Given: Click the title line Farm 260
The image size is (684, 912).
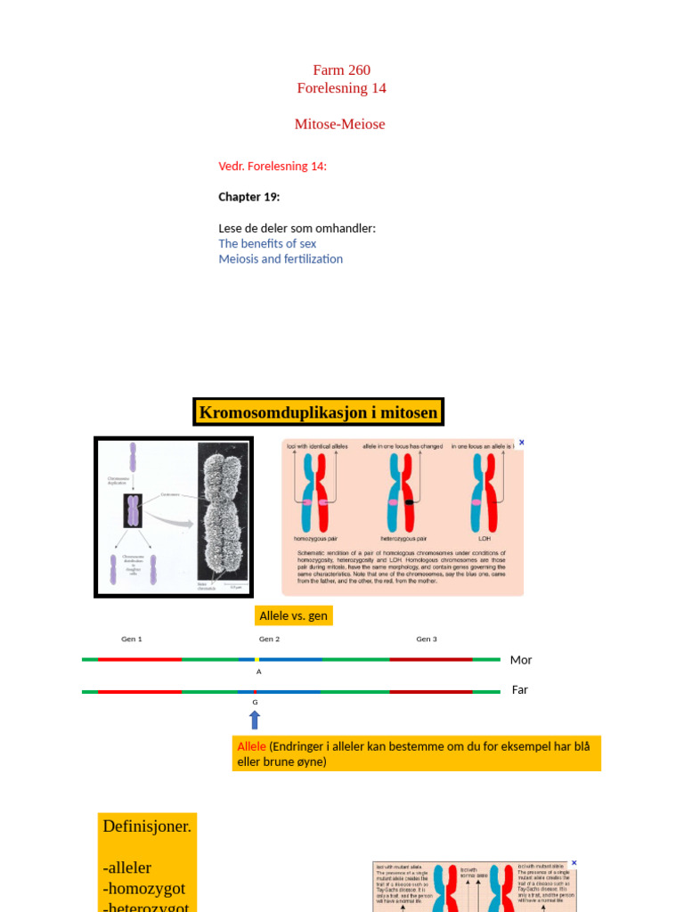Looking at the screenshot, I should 341,70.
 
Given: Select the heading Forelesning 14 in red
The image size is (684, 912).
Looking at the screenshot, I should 341,88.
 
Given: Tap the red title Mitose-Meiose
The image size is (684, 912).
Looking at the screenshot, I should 339,124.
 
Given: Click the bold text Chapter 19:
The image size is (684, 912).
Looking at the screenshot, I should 249,197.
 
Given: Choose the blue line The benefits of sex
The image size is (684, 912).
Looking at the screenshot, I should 267,243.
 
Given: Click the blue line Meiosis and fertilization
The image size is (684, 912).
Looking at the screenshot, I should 281,259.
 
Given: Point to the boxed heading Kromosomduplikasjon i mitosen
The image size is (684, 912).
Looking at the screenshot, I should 318,412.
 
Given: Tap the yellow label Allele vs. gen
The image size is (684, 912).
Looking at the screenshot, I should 293,615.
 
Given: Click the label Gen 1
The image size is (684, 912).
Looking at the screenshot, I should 132,639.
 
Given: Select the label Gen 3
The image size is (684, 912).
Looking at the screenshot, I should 427,639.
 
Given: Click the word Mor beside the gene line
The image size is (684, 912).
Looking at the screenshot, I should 521,660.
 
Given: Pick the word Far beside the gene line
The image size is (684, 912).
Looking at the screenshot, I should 520,689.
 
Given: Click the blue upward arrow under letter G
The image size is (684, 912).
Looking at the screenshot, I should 255,720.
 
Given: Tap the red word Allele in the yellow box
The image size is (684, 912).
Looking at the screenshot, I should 251,746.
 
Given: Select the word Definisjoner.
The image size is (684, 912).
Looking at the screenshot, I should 147,826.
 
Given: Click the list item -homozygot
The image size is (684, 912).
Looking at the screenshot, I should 144,888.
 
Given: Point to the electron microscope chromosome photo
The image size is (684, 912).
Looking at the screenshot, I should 222,516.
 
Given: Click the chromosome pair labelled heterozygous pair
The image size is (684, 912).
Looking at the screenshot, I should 403,493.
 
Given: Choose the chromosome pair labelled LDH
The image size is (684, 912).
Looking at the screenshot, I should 484,493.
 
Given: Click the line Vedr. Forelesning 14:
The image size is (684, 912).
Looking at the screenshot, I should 273,166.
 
